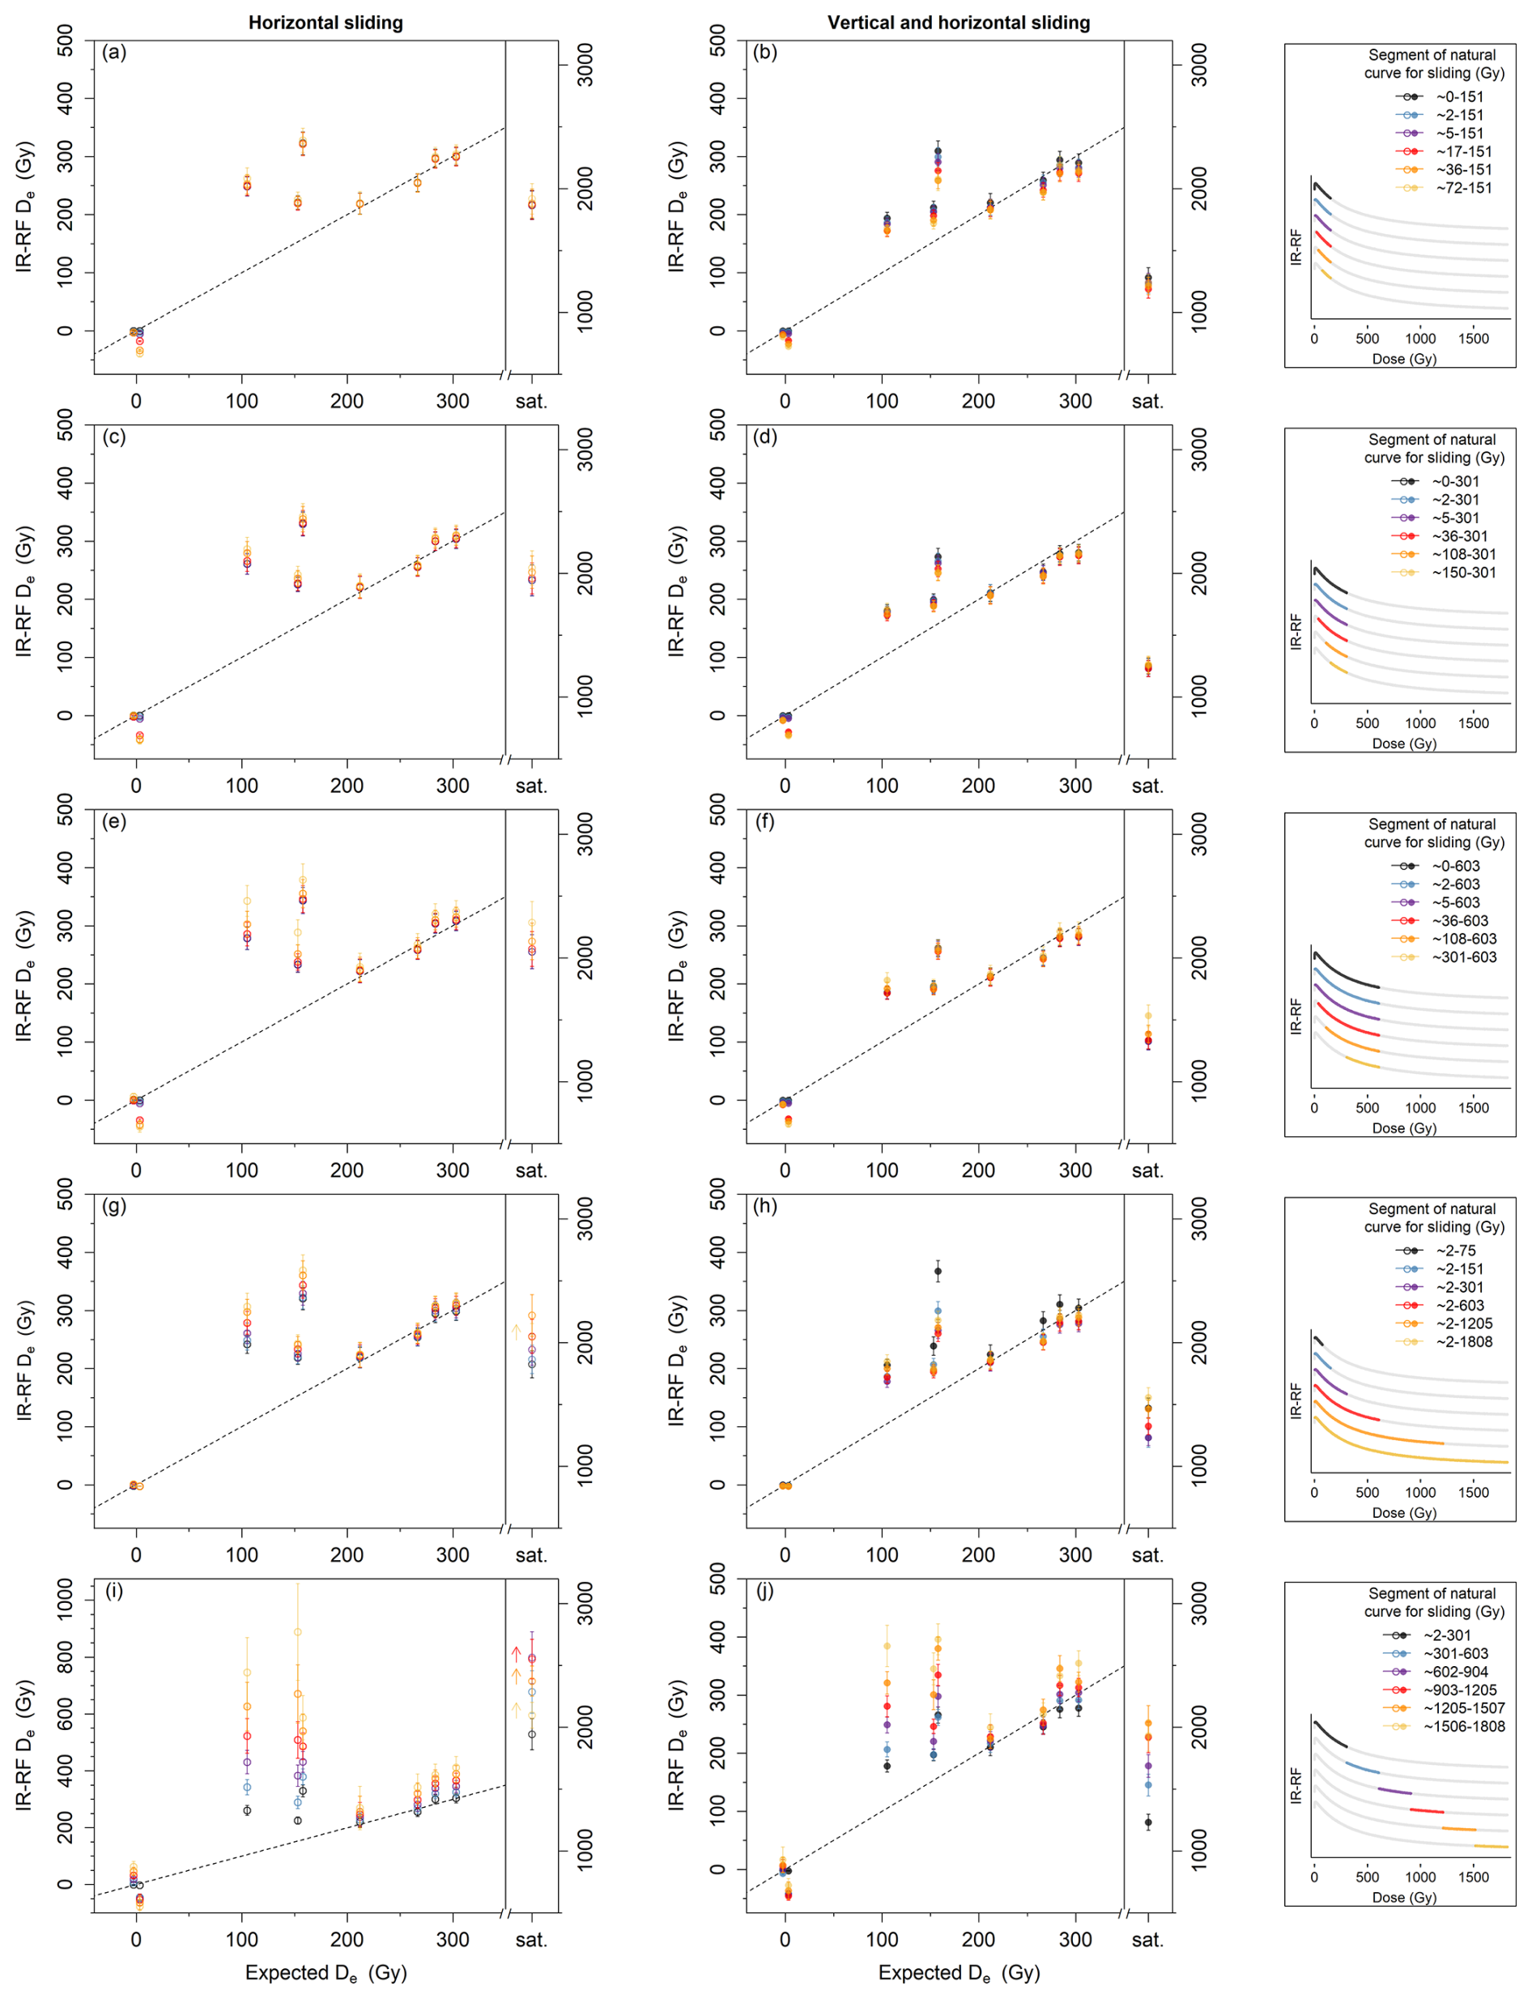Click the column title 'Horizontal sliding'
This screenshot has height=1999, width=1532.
point(326,23)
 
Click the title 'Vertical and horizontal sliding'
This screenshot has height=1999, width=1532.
point(959,23)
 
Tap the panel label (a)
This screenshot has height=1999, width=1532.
point(115,52)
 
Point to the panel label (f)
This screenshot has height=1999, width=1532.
point(765,821)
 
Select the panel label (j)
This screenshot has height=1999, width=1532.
point(765,1592)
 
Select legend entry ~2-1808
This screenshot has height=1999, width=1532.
point(1462,1342)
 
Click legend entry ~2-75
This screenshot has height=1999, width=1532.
point(1455,1251)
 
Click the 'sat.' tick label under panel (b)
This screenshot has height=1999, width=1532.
point(1147,401)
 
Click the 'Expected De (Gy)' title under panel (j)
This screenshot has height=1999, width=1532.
point(959,1973)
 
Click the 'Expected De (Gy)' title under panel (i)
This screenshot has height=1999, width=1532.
point(326,1973)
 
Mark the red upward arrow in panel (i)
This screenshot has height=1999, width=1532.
point(516,1653)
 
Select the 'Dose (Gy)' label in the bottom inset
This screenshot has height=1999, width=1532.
point(1403,1898)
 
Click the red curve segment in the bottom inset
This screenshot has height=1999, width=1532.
point(1426,1811)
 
